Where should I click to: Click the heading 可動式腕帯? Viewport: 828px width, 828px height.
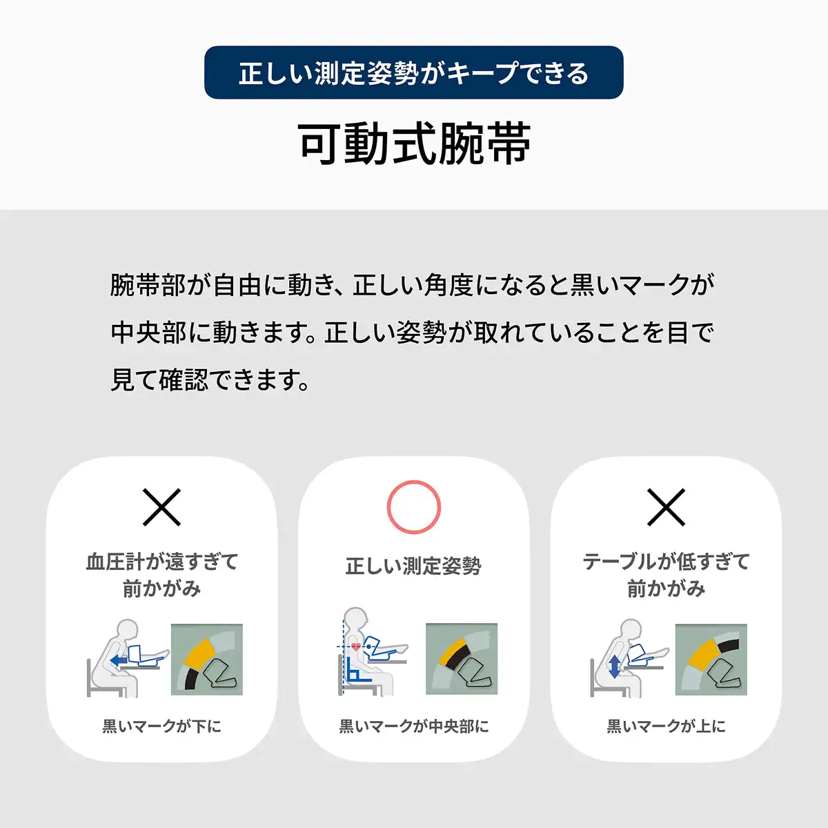414,144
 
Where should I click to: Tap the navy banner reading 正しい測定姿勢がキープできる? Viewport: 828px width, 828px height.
414,72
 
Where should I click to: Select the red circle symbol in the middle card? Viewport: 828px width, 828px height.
414,507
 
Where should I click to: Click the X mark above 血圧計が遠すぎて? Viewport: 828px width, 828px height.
161,507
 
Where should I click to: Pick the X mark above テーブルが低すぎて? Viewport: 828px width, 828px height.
666,507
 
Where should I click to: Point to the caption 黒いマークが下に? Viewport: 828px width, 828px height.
161,726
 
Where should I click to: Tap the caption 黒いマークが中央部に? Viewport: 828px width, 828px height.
414,726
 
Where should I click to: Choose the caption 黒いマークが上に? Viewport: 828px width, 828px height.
666,726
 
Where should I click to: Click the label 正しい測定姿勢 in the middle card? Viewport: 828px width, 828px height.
413,566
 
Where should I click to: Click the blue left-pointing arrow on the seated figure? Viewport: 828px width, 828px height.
119,660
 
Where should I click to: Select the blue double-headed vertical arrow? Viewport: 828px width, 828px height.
615,667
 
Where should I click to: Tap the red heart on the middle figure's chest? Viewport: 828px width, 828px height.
356,646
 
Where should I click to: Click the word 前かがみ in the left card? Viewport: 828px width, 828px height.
161,589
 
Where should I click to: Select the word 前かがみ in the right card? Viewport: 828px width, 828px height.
666,589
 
